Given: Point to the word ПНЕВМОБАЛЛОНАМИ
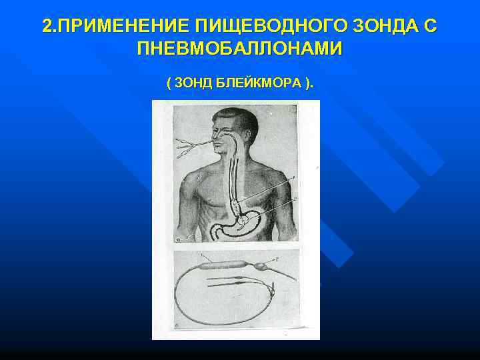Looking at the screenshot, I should [x=239, y=49].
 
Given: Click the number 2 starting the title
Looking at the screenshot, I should [x=46, y=27].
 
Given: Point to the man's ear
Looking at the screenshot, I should [x=243, y=137].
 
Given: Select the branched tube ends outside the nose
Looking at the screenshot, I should [x=187, y=145].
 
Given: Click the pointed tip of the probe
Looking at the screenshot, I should [x=294, y=278].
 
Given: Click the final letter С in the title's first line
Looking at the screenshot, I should [x=431, y=27].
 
